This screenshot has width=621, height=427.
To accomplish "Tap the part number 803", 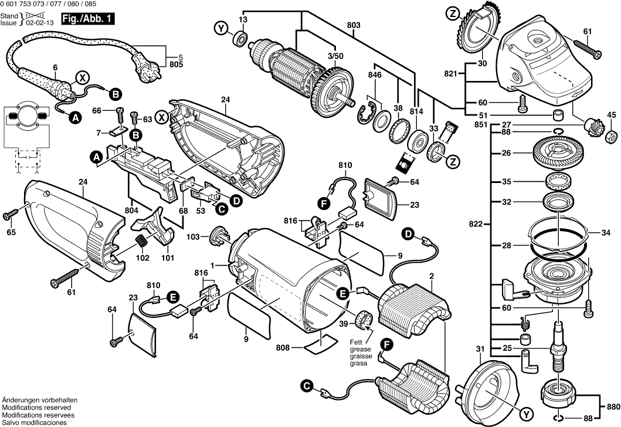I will [353, 25].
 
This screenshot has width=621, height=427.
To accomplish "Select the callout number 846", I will [374, 74].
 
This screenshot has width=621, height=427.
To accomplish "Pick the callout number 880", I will [612, 406].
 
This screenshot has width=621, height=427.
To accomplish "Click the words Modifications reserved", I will [36, 407].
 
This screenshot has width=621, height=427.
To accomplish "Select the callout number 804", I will [131, 209].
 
